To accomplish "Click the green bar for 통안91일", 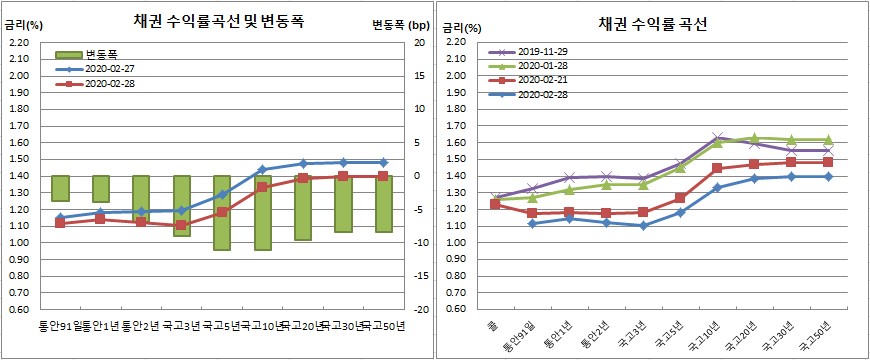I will click(60, 188).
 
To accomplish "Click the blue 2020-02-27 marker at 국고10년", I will click(262, 170).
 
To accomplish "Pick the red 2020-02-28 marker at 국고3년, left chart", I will click(181, 225).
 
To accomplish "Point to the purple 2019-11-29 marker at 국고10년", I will click(717, 138).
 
